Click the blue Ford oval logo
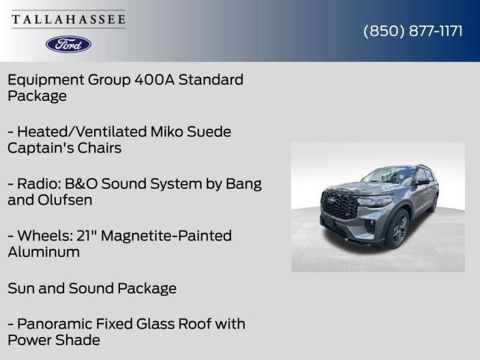coord(68,44)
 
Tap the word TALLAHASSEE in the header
coord(68,19)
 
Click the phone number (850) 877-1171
coord(413,31)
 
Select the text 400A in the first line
coord(155,80)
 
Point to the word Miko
coord(167,131)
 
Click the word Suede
coord(209,131)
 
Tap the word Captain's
coord(40,148)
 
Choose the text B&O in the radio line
coord(81,184)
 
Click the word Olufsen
coord(65,200)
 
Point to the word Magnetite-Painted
coord(166,236)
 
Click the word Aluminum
coord(44,252)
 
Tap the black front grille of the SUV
coord(339,204)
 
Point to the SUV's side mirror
coord(423,182)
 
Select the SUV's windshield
coord(389,175)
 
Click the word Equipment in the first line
coord(46,80)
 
